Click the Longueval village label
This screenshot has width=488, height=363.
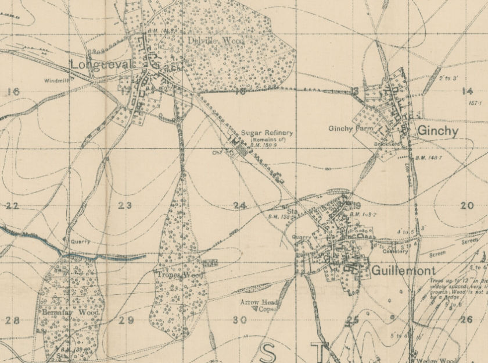[94, 63]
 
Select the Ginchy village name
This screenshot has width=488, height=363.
[437, 131]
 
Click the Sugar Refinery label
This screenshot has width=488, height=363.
[267, 133]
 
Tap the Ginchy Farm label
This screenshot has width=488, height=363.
[350, 129]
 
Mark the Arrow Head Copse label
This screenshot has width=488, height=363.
[260, 306]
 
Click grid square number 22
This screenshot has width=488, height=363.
[12, 206]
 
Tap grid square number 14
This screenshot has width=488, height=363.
[467, 91]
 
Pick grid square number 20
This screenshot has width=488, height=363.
[467, 205]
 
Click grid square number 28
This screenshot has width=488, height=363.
[12, 321]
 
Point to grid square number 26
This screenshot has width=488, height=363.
[467, 320]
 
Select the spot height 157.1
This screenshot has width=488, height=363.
[475, 103]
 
